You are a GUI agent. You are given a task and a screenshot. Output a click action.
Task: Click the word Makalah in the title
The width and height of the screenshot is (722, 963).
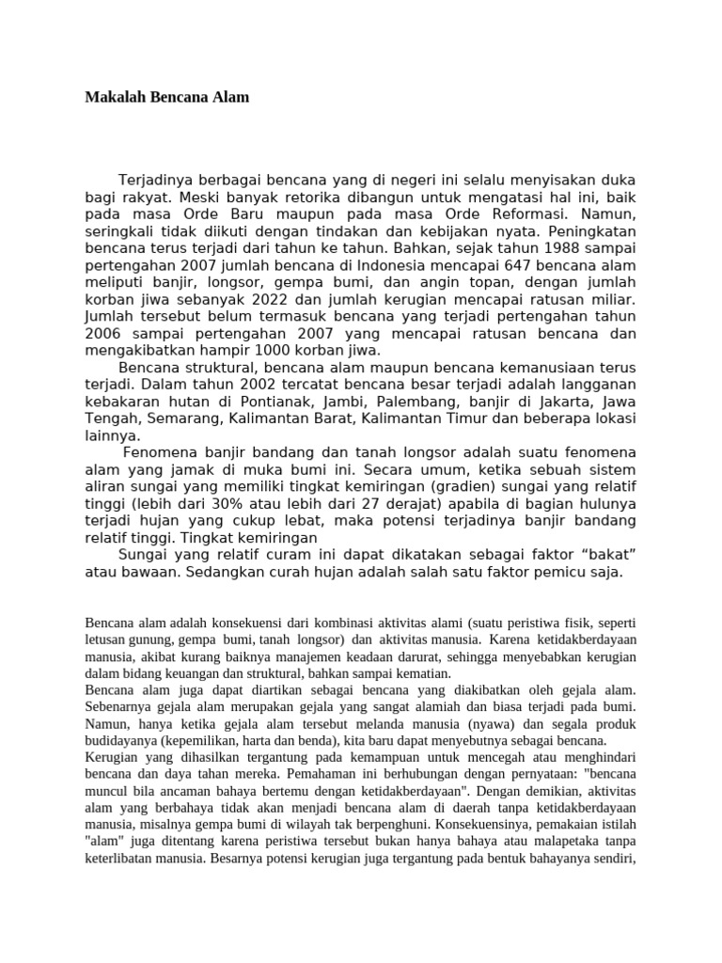(x=110, y=98)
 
